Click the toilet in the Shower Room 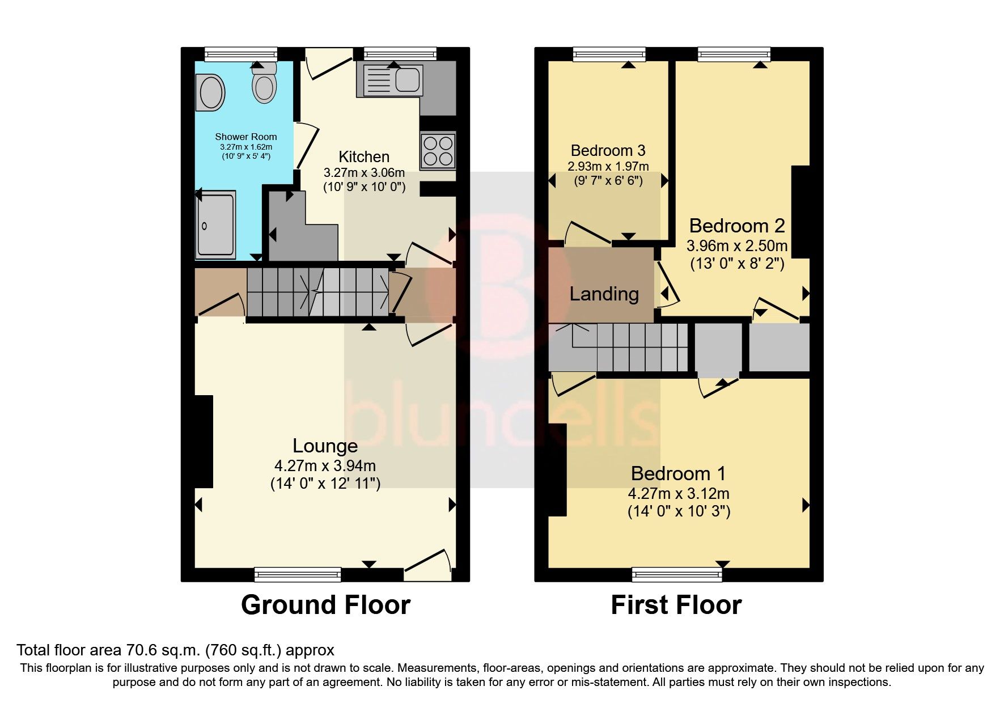point(264,86)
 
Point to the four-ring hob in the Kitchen point(438,150)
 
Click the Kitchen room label point(364,156)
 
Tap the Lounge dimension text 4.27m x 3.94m point(325,466)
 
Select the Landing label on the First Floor point(604,294)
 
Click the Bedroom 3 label point(608,150)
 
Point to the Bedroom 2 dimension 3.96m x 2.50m point(736,246)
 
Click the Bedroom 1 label point(678,473)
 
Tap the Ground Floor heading point(325,605)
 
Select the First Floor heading point(676,605)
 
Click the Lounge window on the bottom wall point(298,574)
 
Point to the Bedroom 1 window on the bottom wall point(677,574)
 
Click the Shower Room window point(241,54)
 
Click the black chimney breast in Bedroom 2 point(799,211)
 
